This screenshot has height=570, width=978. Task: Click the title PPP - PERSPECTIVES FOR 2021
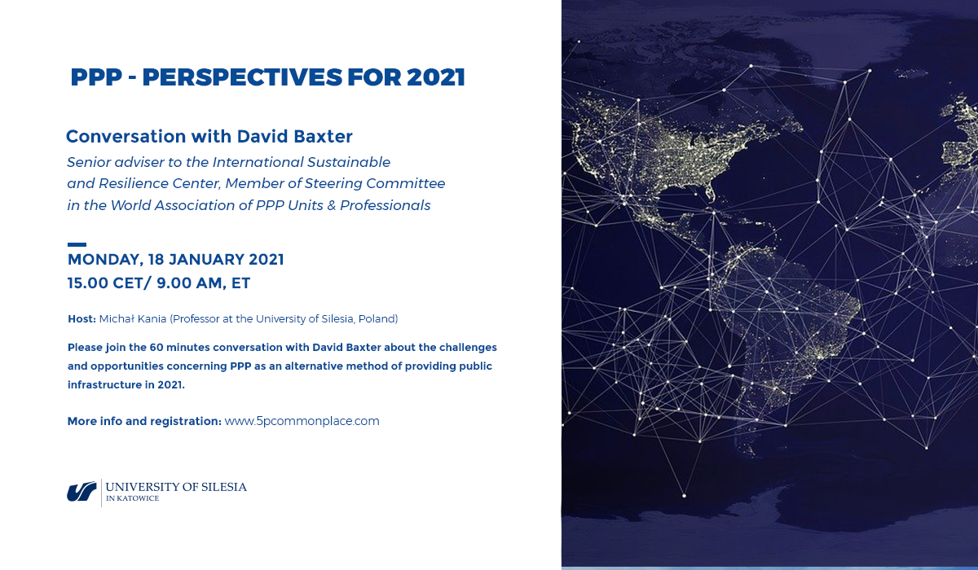[267, 77]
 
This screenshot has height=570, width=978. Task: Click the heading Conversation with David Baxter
[209, 137]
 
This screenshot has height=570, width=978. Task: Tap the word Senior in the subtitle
[89, 162]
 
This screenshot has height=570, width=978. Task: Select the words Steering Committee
[375, 183]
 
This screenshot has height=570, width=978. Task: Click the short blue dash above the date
[77, 244]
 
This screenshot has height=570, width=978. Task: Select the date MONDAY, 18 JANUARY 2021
[175, 260]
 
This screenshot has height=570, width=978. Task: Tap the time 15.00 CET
[105, 283]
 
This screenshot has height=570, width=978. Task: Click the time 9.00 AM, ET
[203, 283]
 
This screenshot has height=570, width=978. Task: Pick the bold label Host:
[81, 319]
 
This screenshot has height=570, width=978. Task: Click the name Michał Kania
[133, 319]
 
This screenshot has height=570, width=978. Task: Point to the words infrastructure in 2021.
[126, 384]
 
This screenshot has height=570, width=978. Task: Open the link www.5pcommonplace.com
[302, 421]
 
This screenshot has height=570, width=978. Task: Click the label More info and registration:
[144, 421]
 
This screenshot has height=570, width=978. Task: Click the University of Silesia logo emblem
[81, 492]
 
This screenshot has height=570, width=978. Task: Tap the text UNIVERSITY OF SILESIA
[176, 487]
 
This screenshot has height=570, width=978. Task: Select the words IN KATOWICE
[132, 498]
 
